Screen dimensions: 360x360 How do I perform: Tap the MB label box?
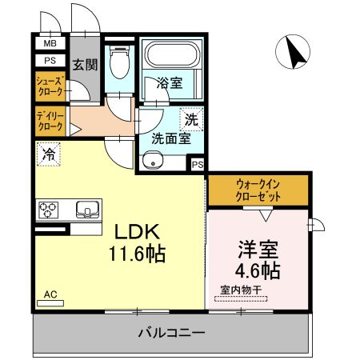(x=50, y=44)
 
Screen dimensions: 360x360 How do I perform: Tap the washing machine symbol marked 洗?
(x=191, y=119)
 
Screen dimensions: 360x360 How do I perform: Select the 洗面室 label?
(x=171, y=137)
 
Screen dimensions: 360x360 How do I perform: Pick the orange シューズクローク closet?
(x=50, y=86)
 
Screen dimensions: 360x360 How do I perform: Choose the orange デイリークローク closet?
(x=50, y=122)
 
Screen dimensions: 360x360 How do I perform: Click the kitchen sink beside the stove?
(x=85, y=210)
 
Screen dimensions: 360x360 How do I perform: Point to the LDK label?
(x=138, y=232)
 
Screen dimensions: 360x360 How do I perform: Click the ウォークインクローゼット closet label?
(x=258, y=189)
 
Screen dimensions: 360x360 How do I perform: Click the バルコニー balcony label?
(x=170, y=332)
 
